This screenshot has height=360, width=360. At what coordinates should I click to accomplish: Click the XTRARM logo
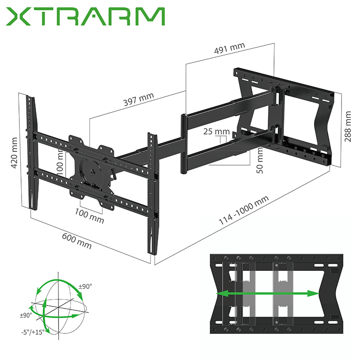tap(86, 17)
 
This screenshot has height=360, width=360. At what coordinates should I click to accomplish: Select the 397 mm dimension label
tap(139, 100)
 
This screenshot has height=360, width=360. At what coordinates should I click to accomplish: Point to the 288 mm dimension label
tap(348, 126)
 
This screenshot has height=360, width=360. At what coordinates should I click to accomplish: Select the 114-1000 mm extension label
tap(244, 211)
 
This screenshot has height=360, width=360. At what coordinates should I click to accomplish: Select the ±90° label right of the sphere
tap(85, 287)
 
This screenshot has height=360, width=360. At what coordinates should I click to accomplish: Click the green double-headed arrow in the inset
tap(268, 293)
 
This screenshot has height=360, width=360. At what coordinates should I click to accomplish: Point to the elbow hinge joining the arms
tap(184, 144)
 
